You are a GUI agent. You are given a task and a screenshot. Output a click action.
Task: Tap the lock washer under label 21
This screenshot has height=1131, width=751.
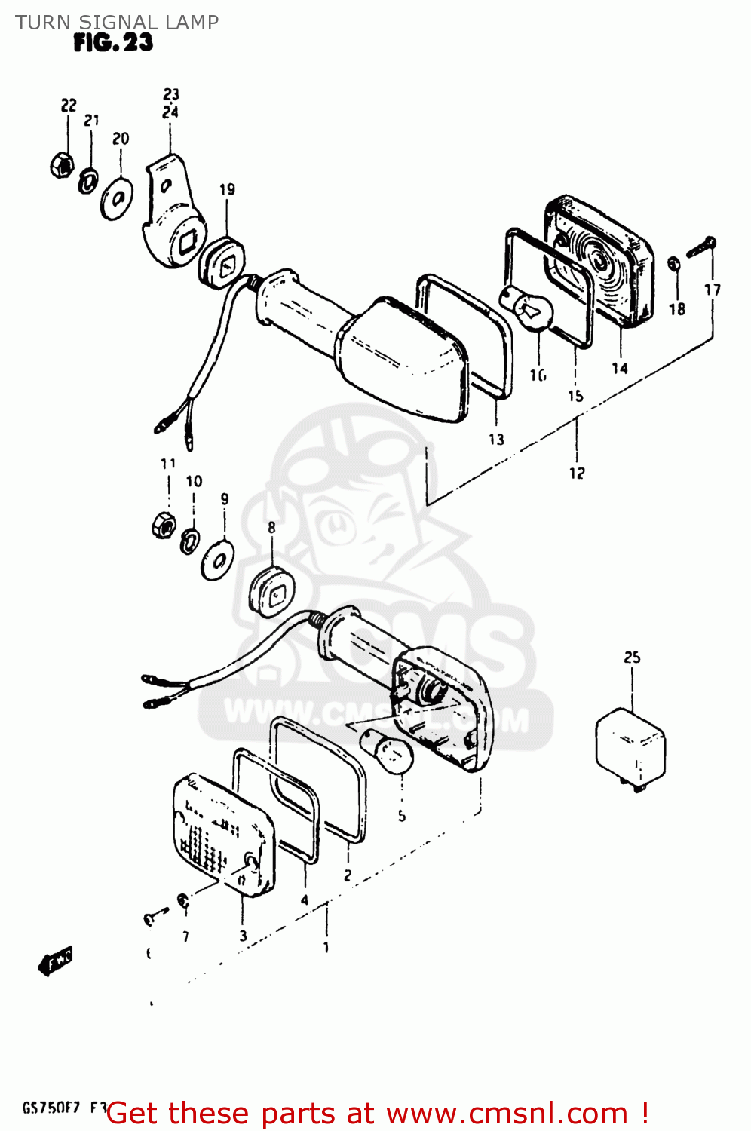(x=88, y=180)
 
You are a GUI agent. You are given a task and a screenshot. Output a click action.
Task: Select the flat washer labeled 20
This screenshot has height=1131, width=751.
(x=117, y=199)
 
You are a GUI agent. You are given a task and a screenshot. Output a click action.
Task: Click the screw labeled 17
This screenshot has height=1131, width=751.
(x=701, y=247)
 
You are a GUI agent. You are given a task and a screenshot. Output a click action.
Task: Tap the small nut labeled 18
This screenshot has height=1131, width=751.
(x=675, y=263)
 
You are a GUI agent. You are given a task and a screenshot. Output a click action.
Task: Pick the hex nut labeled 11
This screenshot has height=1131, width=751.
(x=164, y=523)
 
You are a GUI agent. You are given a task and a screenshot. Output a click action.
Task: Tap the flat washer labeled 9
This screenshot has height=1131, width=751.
(x=218, y=559)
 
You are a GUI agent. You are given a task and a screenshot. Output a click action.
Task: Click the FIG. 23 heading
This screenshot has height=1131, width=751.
(x=113, y=43)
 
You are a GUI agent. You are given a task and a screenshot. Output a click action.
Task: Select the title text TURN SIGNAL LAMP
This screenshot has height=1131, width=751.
(x=117, y=22)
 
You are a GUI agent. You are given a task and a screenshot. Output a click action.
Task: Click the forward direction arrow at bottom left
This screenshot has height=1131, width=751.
(x=55, y=962)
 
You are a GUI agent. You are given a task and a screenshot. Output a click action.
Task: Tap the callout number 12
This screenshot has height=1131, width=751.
(x=577, y=473)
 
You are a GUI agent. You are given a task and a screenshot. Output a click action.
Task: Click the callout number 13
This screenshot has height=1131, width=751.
(x=496, y=439)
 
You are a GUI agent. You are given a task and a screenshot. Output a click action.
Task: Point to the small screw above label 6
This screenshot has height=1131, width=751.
(x=153, y=918)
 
